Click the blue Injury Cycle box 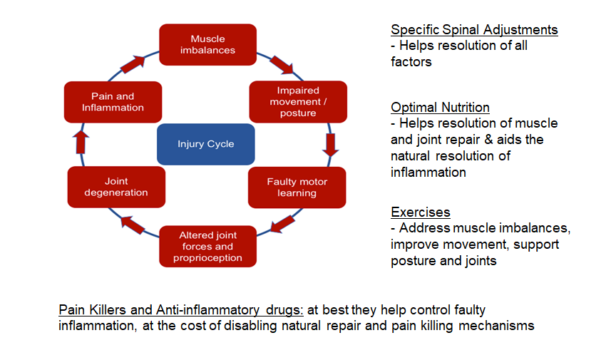click(205, 144)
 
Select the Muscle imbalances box click(207, 44)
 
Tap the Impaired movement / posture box click(298, 101)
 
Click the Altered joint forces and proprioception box click(207, 246)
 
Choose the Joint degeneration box click(116, 187)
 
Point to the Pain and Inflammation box click(113, 102)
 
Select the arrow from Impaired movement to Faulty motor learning click(329, 144)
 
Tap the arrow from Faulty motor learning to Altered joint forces click(284, 222)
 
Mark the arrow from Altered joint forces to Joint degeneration click(133, 224)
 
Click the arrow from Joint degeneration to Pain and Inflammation click(81, 143)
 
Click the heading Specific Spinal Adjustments click(474, 30)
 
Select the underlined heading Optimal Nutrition click(440, 108)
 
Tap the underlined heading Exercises click(420, 212)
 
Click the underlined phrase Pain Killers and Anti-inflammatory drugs click(181, 311)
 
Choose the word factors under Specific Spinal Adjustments click(411, 61)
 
